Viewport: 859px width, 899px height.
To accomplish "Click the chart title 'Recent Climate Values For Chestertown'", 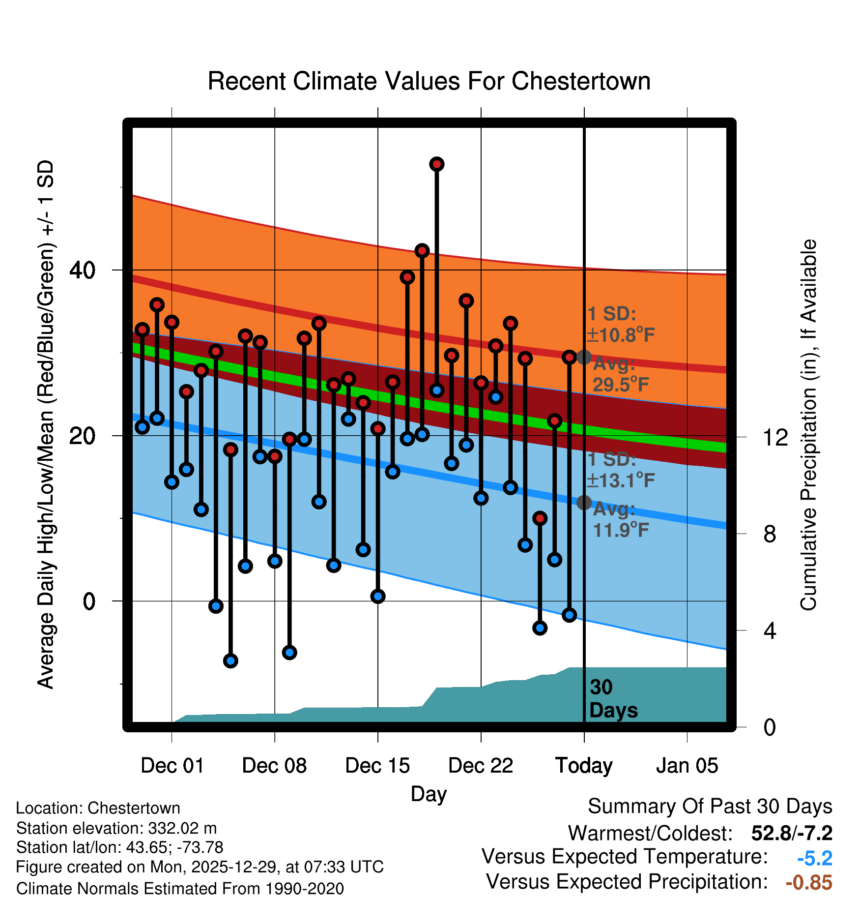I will (429, 81).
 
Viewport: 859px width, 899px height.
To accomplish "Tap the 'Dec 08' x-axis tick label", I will (274, 766).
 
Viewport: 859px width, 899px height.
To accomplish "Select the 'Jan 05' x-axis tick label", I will (687, 766).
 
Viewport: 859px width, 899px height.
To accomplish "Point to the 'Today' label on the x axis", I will (584, 766).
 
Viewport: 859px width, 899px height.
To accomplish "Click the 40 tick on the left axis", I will (83, 270).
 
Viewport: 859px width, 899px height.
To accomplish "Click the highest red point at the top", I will (437, 164).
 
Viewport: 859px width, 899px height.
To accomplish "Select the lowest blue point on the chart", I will (230, 660).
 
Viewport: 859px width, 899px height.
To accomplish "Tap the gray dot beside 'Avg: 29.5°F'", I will (584, 357).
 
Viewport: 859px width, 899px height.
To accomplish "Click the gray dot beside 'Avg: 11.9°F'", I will (584, 503).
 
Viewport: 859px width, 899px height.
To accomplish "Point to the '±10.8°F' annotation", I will (621, 335).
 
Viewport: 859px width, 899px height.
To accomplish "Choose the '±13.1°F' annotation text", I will (621, 480).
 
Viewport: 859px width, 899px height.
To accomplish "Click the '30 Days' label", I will (613, 699).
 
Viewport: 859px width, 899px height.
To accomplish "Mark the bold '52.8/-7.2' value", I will (792, 833).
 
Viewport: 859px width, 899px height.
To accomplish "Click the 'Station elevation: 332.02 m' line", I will (116, 828).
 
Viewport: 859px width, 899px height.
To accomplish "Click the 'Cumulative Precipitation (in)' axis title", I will (808, 425).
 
